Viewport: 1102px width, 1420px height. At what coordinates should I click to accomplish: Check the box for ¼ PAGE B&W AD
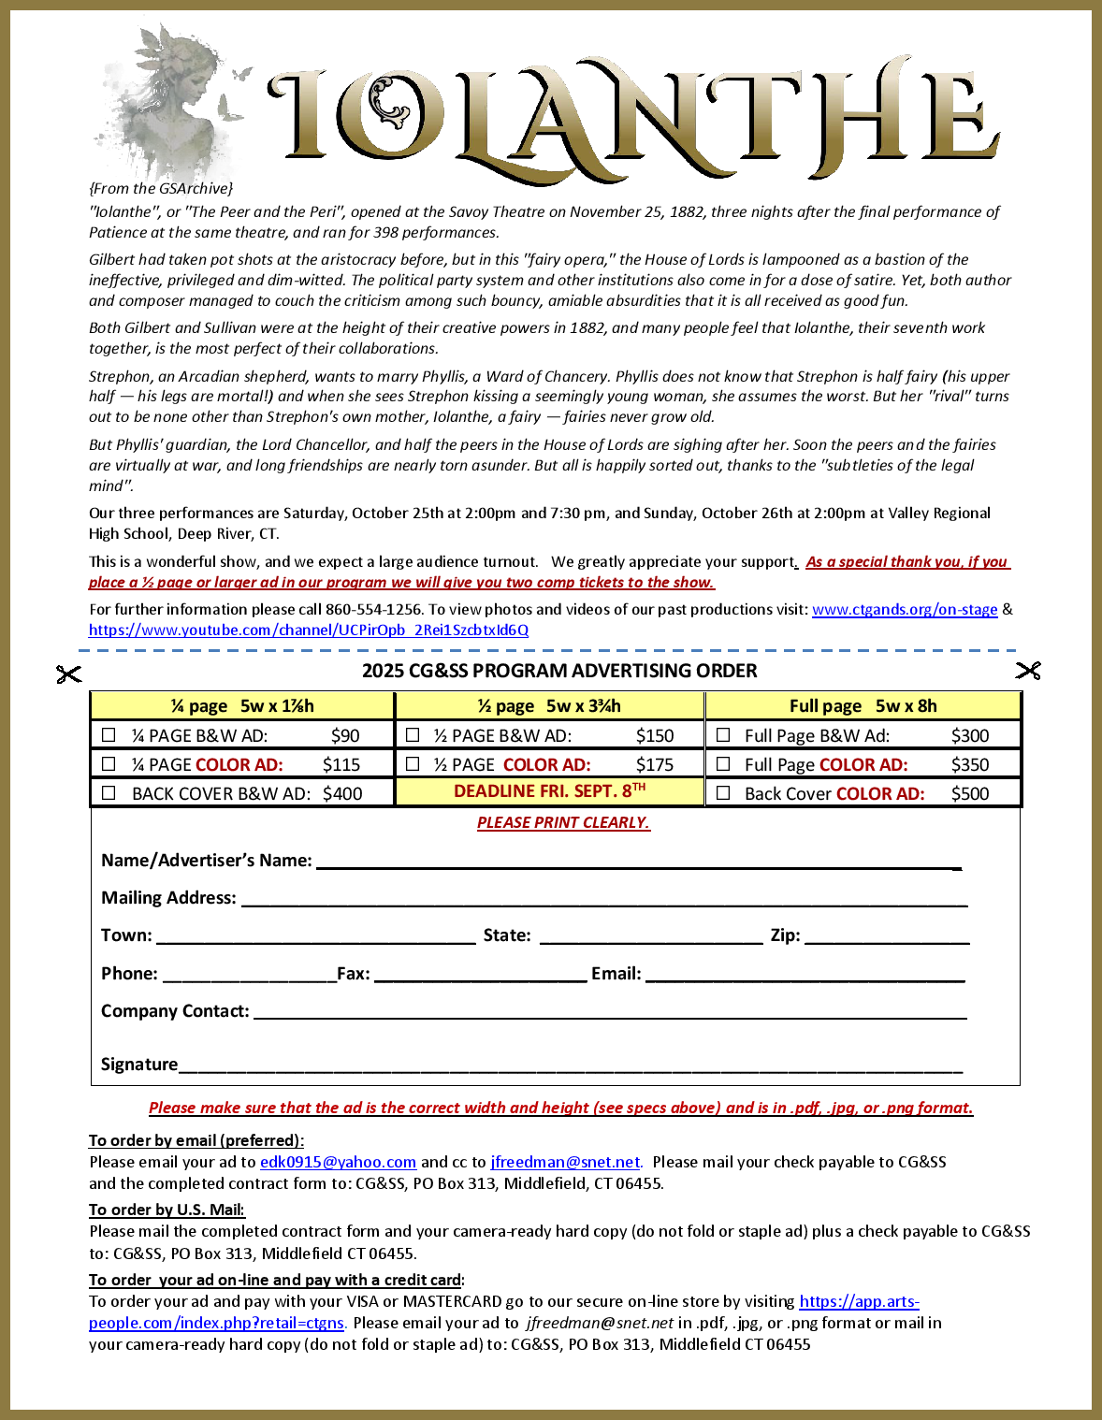pos(109,735)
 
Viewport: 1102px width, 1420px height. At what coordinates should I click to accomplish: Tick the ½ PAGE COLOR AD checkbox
pos(413,764)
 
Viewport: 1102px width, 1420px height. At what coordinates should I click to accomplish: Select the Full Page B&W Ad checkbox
pos(722,735)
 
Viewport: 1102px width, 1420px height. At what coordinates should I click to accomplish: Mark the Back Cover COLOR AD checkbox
pos(722,793)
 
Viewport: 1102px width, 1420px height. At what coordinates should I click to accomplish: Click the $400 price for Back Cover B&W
pos(342,793)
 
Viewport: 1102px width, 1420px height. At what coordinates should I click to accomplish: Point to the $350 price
pos(969,764)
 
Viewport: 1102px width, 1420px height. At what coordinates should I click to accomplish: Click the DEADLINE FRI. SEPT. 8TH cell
pos(549,791)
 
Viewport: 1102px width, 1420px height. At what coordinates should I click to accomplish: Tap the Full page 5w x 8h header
pos(863,705)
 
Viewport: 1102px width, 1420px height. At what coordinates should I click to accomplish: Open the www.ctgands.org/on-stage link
pos(904,609)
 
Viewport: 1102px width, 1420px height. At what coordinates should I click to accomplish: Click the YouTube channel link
pos(309,630)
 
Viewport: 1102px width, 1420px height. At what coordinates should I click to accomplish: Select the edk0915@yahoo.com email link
pos(338,1162)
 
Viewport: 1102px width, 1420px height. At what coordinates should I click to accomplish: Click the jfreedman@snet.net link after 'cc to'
pos(565,1162)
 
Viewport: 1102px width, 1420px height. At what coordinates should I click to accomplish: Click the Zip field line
pos(887,938)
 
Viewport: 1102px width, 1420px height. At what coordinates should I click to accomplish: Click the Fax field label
pos(354,974)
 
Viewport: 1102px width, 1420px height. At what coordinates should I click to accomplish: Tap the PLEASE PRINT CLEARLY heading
pos(563,822)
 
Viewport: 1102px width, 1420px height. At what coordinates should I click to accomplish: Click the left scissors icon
pos(68,674)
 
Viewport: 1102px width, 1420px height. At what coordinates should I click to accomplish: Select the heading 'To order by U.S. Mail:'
pos(167,1210)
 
